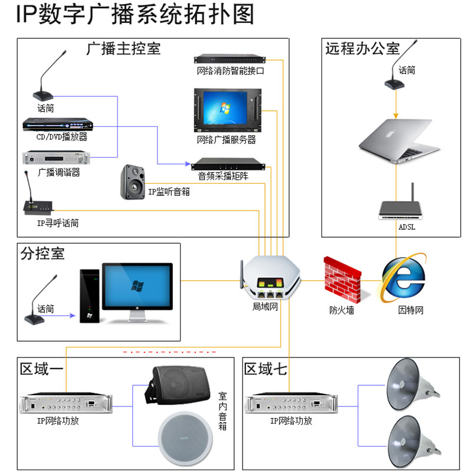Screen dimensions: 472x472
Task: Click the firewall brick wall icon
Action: (342, 279)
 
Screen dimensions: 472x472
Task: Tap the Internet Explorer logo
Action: (404, 278)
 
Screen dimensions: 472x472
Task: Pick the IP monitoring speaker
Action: (133, 181)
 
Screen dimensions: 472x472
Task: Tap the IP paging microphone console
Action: (38, 203)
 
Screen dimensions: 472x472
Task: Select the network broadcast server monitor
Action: (225, 110)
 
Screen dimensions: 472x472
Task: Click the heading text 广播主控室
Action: (123, 48)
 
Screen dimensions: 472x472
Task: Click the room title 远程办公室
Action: (362, 48)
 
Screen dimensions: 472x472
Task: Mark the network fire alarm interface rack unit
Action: (230, 58)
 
